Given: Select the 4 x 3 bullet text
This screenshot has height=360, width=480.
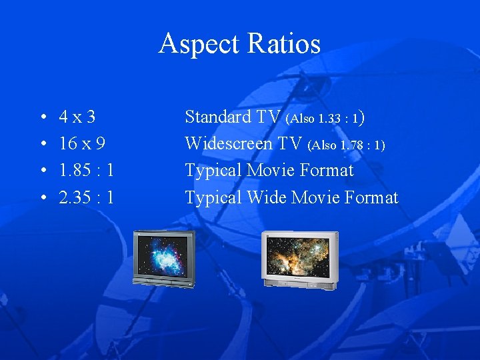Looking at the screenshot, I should [77, 117].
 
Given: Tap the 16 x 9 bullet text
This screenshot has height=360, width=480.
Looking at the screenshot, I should [82, 144].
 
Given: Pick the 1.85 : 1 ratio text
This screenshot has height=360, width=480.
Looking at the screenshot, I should [86, 171].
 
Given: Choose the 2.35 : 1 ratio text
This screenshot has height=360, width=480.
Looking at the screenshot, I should [86, 198].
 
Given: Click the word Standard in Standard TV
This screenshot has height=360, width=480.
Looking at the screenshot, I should [217, 117].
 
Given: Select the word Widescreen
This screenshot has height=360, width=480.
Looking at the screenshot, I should [229, 144].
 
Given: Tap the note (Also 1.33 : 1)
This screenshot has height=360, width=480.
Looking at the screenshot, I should [325, 119].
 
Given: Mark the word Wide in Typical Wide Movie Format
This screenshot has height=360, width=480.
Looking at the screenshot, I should [265, 198].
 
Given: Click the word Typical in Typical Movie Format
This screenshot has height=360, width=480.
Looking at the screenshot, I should [213, 171].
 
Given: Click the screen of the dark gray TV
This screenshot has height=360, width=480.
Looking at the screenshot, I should [162, 255].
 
